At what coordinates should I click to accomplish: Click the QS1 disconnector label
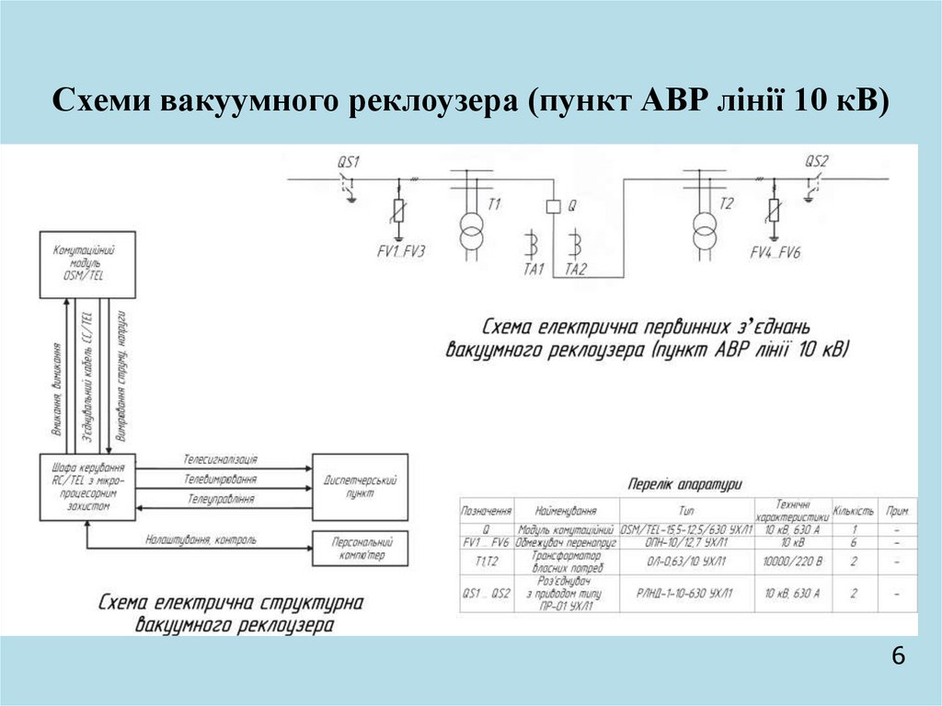348,162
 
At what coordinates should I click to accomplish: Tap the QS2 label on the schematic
816,162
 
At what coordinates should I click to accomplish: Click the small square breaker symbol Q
554,207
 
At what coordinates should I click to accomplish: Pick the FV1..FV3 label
400,251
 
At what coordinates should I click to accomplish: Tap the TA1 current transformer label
534,270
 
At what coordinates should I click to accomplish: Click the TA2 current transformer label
577,270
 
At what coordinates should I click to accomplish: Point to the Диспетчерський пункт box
361,486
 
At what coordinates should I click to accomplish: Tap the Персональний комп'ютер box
360,550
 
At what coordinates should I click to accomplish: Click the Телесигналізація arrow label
220,458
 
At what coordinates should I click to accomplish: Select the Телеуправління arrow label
219,498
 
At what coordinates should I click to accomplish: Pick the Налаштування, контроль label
201,539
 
